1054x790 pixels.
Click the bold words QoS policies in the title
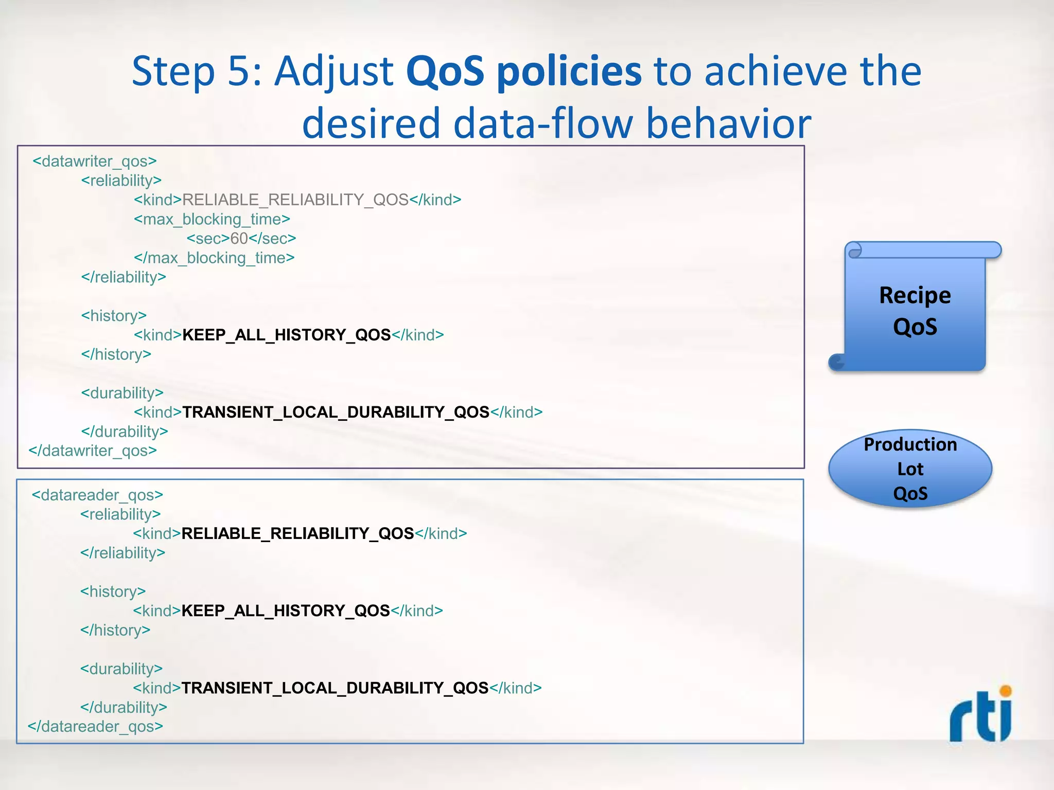pyautogui.click(x=523, y=71)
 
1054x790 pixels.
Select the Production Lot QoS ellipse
pyautogui.click(x=910, y=469)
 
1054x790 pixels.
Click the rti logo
pyautogui.click(x=980, y=716)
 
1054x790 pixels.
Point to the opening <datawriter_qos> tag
pyautogui.click(x=95, y=161)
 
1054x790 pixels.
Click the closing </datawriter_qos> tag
pyautogui.click(x=93, y=451)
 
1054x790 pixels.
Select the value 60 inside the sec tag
pyautogui.click(x=239, y=239)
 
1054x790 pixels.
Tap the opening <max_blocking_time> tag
pyautogui.click(x=212, y=220)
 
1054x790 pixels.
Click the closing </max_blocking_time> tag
pyautogui.click(x=214, y=258)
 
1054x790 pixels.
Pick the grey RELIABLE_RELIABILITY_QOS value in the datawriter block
pyautogui.click(x=295, y=200)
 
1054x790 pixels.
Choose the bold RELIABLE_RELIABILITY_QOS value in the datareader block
pyautogui.click(x=297, y=534)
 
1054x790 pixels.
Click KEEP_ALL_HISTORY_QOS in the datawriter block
pyautogui.click(x=287, y=335)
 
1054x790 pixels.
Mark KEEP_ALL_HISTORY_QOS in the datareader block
pyautogui.click(x=286, y=611)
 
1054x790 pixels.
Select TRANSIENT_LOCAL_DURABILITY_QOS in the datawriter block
pyautogui.click(x=336, y=412)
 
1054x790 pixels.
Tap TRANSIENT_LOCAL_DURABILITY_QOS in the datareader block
pyautogui.click(x=335, y=688)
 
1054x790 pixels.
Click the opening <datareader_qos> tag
pyautogui.click(x=97, y=495)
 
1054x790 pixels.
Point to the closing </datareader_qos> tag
pyautogui.click(x=95, y=727)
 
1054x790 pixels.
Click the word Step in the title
pyautogui.click(x=173, y=71)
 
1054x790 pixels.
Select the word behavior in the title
pyautogui.click(x=728, y=124)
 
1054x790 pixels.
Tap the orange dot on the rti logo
pyautogui.click(x=1005, y=691)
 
